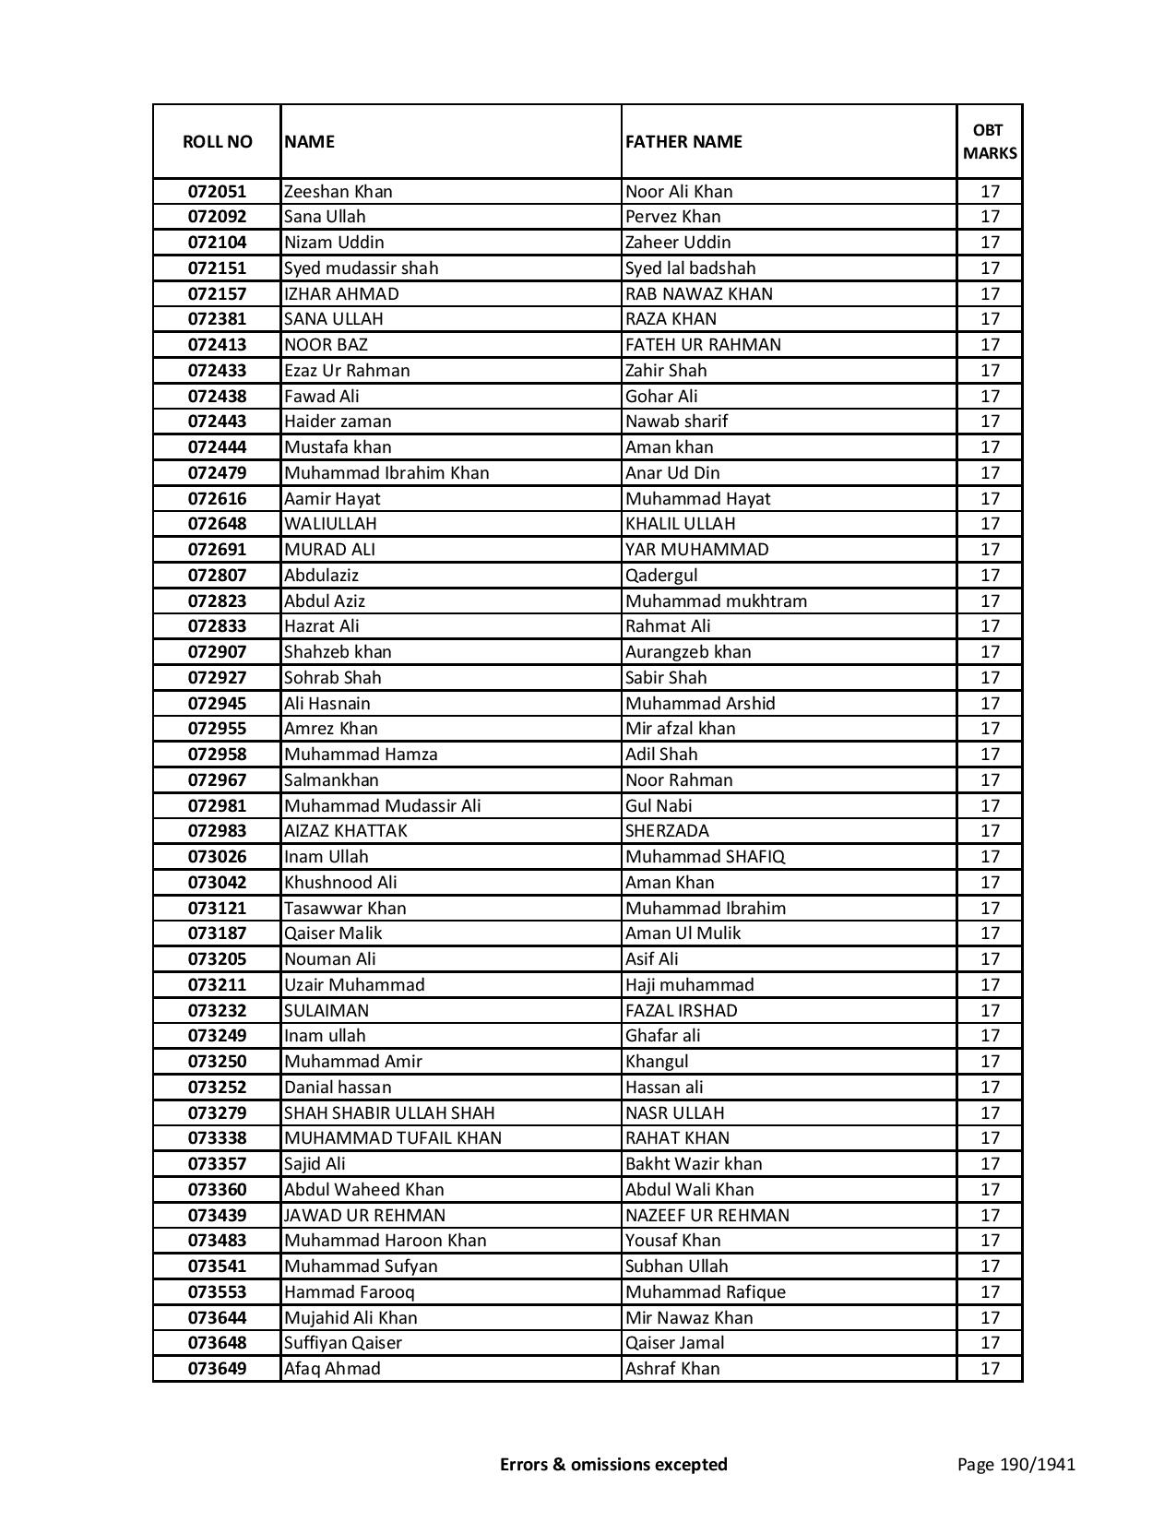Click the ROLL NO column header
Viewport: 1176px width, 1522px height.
click(x=217, y=142)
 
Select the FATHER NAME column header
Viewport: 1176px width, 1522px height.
click(x=683, y=142)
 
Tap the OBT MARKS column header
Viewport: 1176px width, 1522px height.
click(x=990, y=142)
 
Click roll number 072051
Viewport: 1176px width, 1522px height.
click(x=217, y=192)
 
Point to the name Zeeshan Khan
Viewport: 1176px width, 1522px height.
click(x=338, y=192)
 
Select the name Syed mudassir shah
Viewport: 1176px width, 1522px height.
click(x=361, y=268)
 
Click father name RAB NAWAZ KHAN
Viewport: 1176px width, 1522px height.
click(x=699, y=294)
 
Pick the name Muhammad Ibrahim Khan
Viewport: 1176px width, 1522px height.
click(x=386, y=473)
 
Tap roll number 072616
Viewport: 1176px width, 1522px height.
click(x=217, y=499)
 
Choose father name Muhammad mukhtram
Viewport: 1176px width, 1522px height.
click(x=716, y=601)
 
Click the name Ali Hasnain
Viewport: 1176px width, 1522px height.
click(x=327, y=704)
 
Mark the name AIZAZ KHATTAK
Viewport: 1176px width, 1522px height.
click(x=345, y=831)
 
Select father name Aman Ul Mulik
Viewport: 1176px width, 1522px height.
click(x=683, y=933)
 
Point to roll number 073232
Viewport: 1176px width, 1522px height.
click(x=217, y=1011)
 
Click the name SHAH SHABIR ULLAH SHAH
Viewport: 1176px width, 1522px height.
click(x=389, y=1113)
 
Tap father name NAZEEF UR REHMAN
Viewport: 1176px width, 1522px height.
click(x=707, y=1216)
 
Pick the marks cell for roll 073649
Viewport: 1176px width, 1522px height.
click(x=990, y=1369)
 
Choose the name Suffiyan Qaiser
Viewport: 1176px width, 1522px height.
click(x=342, y=1343)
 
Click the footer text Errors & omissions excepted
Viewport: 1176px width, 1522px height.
click(x=613, y=1464)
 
